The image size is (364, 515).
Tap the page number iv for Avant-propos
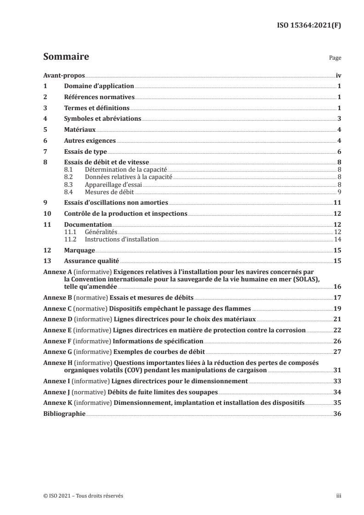338,76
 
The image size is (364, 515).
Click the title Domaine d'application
98,86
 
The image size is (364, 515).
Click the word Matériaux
79,130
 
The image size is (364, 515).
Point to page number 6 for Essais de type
339,151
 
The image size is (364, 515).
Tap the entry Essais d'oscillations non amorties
116,202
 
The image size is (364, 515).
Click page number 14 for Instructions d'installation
337,240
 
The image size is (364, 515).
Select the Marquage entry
79,251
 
